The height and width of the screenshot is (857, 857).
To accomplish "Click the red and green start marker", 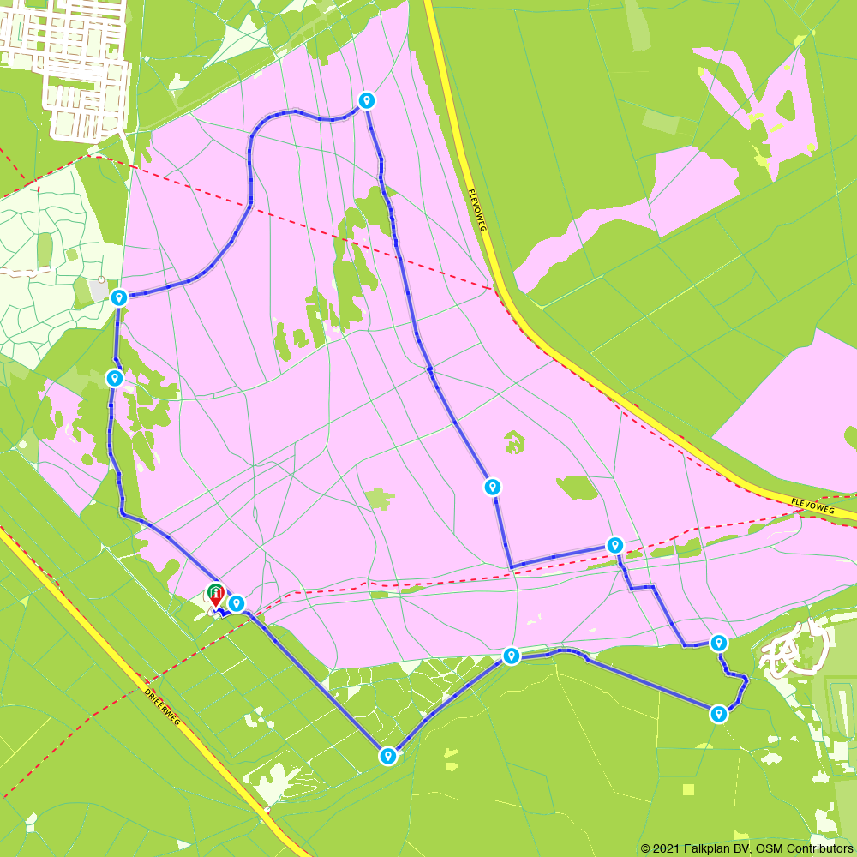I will pos(216,592).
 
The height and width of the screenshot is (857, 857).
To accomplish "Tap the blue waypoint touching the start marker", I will pos(237,603).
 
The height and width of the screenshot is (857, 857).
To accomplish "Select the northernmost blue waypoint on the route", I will pos(367,100).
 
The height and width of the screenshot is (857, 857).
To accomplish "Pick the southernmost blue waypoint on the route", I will pos(388,755).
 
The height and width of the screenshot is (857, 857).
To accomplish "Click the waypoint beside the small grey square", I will pos(119,297).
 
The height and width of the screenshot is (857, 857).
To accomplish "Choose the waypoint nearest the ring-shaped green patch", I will pos(492,487).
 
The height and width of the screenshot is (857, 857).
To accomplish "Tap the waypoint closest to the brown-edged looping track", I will pos(719,643).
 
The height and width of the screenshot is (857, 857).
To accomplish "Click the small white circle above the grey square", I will pos(101,279).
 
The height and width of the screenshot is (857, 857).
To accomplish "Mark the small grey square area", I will pos(99,292).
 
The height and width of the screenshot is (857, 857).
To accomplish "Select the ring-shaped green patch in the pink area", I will pos(514,442).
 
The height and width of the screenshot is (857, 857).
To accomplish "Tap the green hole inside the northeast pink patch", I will pos(783,107).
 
